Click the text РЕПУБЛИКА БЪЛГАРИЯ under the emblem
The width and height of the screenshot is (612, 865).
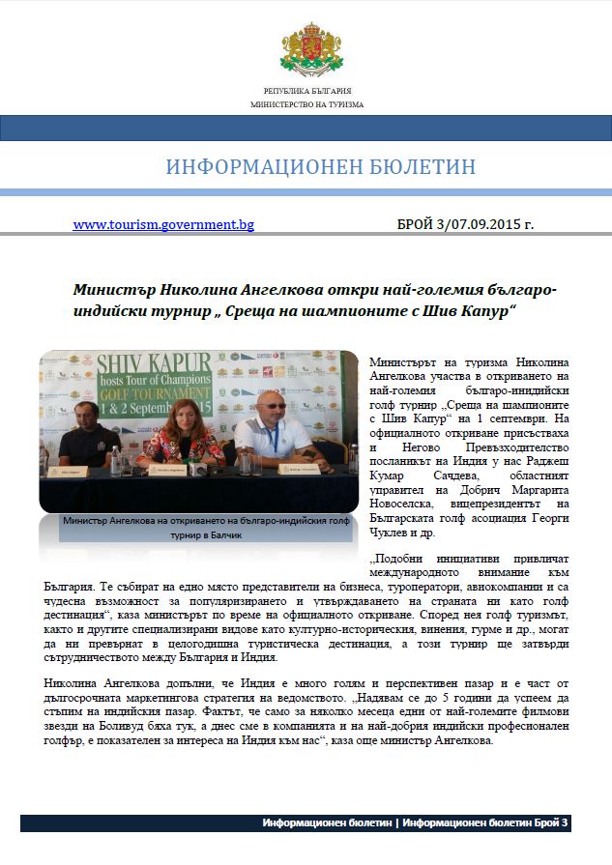(x=306, y=90)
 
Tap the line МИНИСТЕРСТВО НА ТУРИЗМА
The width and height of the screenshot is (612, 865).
(x=306, y=103)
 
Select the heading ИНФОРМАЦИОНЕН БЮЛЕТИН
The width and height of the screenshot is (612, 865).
(x=321, y=167)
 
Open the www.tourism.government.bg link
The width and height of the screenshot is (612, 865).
(x=163, y=224)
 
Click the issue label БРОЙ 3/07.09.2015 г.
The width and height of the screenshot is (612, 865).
(x=465, y=224)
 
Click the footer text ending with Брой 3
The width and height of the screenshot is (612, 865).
(x=417, y=823)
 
